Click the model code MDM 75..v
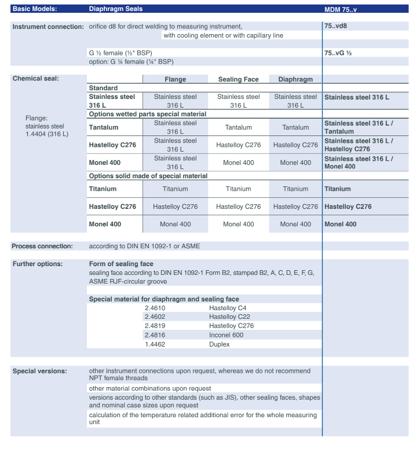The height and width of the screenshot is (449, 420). [345, 9]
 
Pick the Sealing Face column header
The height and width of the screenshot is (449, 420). [238, 79]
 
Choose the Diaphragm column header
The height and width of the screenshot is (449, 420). [295, 79]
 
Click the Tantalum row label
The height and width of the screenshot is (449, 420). [105, 126]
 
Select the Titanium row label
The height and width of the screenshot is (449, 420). [103, 189]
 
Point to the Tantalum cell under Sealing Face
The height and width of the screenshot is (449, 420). [238, 126]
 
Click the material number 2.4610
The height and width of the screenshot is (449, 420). [156, 308]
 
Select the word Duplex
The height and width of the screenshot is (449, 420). [220, 344]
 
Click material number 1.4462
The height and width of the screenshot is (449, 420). [156, 344]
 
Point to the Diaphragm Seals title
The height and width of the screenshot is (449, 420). [115, 9]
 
